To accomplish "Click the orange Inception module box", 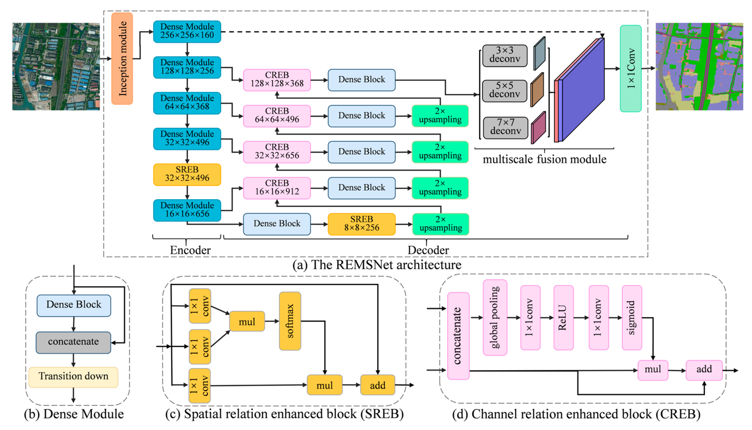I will (122, 59).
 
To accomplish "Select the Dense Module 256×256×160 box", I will (187, 31).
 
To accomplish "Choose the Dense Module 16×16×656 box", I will (187, 210).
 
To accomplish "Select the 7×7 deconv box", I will (506, 128).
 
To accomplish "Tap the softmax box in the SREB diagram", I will (290, 321).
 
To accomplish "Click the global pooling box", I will (495, 318).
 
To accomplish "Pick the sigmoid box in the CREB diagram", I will (632, 318).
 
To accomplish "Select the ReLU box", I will (564, 318).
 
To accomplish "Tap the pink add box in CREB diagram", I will (704, 370).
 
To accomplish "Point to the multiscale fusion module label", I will (544, 159).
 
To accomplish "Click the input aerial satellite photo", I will (56, 66).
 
